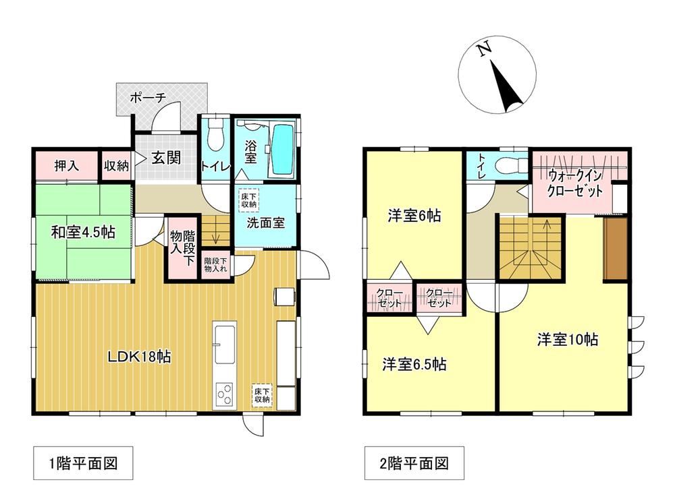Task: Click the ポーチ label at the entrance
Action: [148, 98]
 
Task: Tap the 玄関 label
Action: [166, 158]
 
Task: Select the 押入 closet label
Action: [67, 165]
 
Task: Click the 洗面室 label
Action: [265, 223]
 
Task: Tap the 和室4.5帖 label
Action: [83, 233]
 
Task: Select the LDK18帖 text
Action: [139, 357]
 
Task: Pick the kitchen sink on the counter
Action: [224, 344]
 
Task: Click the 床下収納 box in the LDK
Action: [262, 395]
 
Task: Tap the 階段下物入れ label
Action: [216, 264]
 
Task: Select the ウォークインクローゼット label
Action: [574, 183]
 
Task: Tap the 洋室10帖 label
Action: [568, 339]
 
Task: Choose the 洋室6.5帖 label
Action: [414, 365]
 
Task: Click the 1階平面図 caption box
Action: [83, 463]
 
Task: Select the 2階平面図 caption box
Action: [414, 463]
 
